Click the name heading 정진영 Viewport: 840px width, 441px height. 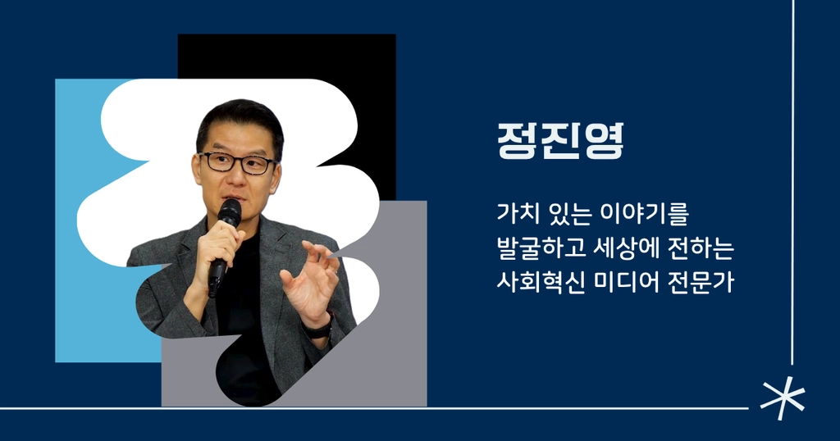560,142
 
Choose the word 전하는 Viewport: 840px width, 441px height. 701,249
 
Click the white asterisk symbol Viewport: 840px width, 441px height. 783,398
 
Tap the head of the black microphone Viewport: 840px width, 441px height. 230,212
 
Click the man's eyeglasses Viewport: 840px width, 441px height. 237,162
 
